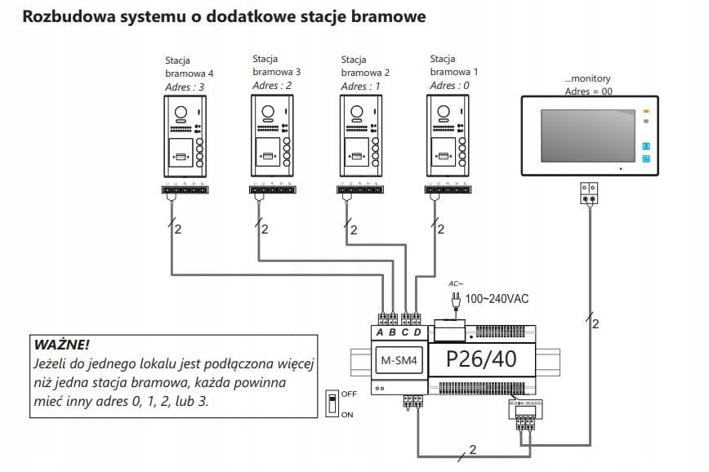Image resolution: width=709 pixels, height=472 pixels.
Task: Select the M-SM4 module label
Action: pyautogui.click(x=400, y=360)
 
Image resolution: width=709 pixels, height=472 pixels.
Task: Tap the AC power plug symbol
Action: pyautogui.click(x=456, y=299)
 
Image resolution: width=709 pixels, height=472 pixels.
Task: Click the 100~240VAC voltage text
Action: pyautogui.click(x=497, y=299)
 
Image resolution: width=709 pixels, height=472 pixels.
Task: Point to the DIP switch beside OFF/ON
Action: pyautogui.click(x=332, y=403)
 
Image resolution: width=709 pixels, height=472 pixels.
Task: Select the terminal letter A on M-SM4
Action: pyautogui.click(x=381, y=332)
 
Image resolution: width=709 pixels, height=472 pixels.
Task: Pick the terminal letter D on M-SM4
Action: pyautogui.click(x=417, y=332)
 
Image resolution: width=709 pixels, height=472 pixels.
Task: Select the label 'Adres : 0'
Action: pyautogui.click(x=450, y=86)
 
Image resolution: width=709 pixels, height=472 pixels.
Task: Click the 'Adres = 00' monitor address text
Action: pyautogui.click(x=588, y=91)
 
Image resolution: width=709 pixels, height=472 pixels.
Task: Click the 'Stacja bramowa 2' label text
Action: pyautogui.click(x=364, y=66)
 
